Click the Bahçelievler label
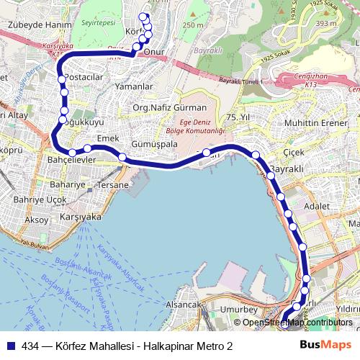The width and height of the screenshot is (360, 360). coord(67,159)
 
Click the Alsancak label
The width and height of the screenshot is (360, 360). coord(182,305)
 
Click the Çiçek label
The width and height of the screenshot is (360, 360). coord(294,153)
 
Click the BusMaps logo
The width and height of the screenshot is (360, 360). coord(325,345)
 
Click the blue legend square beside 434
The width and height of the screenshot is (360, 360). coord(11,346)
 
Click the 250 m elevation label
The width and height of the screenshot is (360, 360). coord(193,26)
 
